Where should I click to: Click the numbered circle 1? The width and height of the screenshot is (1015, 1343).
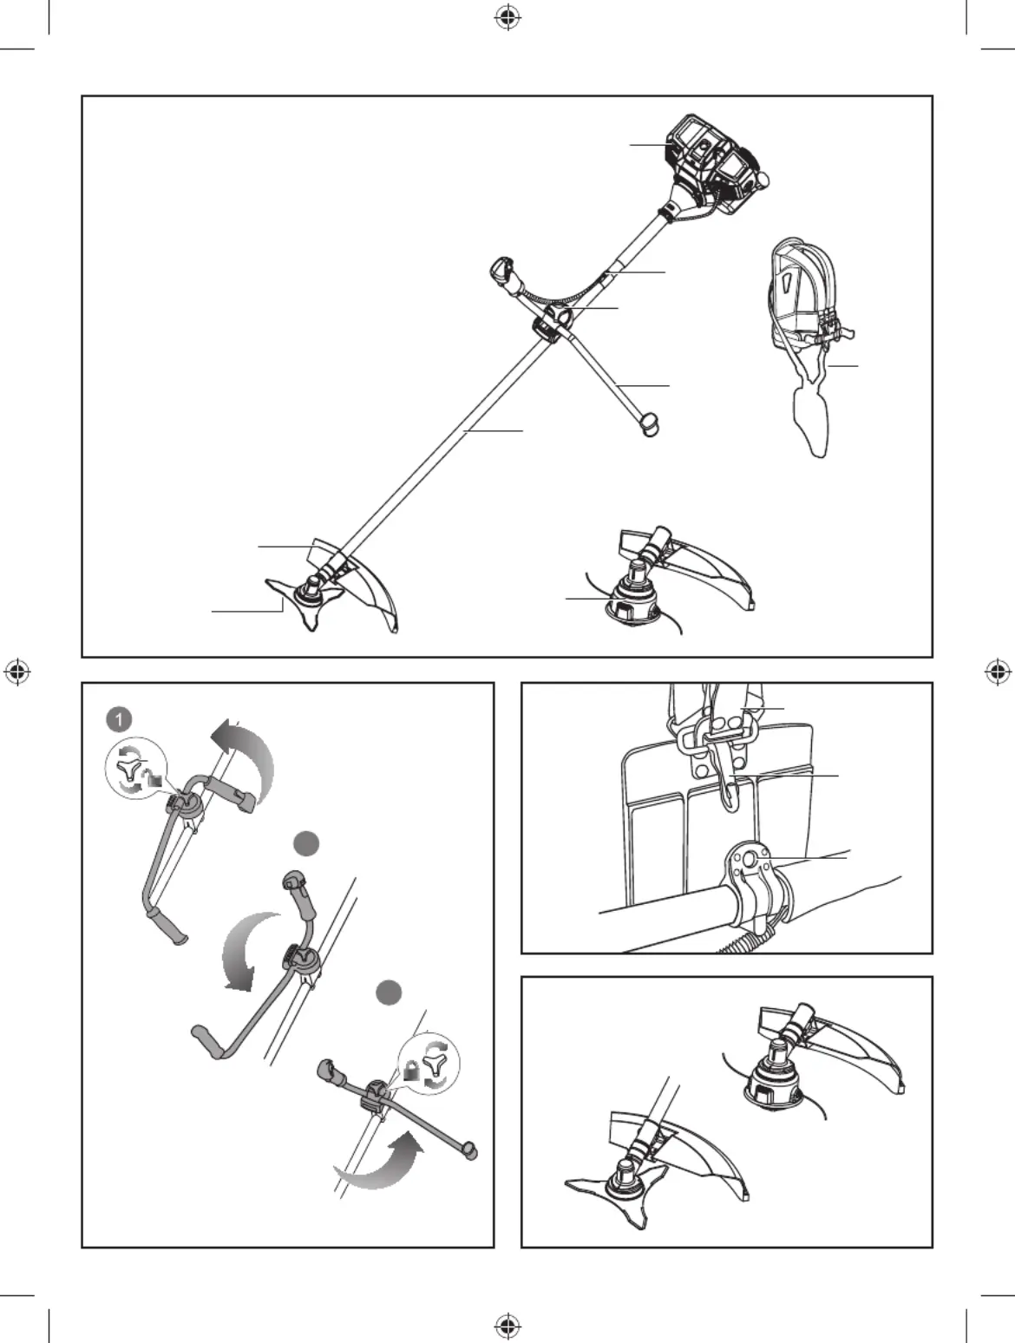(119, 719)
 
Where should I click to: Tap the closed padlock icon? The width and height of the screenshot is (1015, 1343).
(409, 1071)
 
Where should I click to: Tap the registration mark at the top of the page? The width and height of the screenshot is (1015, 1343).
(507, 19)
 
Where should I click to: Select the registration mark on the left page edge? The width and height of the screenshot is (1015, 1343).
(17, 671)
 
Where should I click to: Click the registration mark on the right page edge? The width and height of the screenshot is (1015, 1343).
(998, 671)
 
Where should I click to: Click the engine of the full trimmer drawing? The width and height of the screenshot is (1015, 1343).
(716, 164)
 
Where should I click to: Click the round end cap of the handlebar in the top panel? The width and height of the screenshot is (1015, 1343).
(649, 423)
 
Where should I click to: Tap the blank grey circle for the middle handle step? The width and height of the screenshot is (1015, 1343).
(306, 844)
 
